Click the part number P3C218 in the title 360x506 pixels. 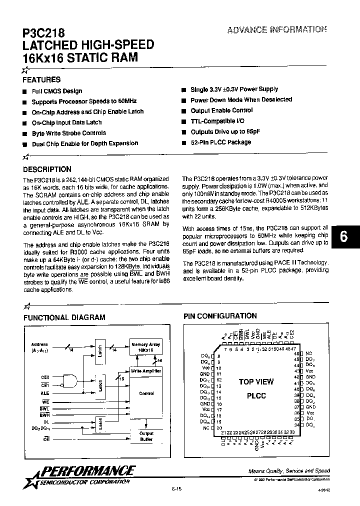pos(44,33)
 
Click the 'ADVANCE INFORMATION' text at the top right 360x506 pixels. pos(277,29)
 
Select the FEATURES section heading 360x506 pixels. pos(41,79)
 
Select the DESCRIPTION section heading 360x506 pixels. pos(47,169)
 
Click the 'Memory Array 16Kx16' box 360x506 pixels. pos(146,347)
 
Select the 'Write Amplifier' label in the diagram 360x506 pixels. pos(146,371)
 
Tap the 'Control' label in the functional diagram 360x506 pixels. pos(146,393)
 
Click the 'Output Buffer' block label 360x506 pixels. pos(146,436)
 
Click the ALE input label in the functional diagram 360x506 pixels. pos(44,393)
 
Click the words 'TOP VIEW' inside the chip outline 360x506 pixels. pos(256,382)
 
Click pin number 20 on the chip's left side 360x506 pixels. pos(218,428)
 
